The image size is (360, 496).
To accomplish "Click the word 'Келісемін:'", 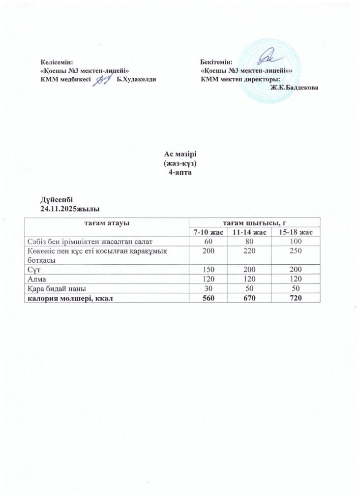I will click(56, 62).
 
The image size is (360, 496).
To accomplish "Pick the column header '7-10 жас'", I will click(208, 232).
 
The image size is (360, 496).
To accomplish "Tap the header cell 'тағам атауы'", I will click(106, 223).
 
